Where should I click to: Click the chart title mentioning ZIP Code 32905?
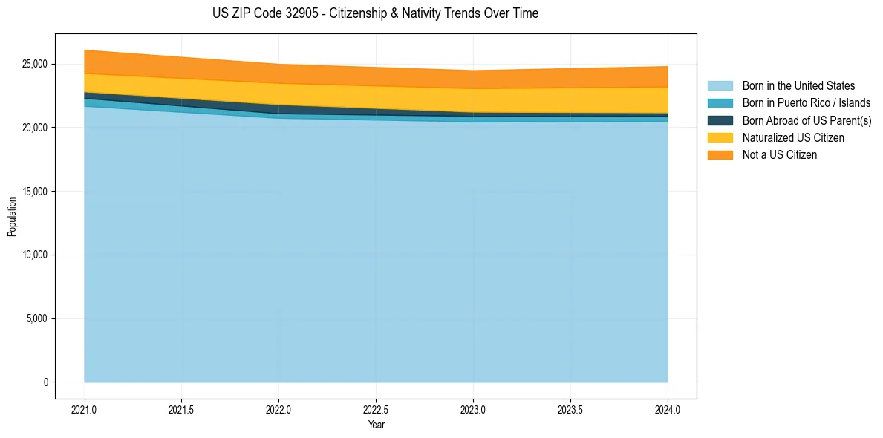[x=375, y=13]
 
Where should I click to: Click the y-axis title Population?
[x=12, y=217]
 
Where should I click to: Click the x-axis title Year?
[x=376, y=425]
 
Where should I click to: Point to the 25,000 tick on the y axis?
[x=32, y=64]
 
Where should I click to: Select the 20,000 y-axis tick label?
[x=32, y=128]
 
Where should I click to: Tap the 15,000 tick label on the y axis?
[x=32, y=192]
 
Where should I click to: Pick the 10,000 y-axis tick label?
[x=32, y=255]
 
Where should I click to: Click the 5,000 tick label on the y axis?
[x=34, y=318]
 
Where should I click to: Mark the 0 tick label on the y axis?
[x=45, y=382]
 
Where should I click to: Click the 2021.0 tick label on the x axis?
[x=85, y=408]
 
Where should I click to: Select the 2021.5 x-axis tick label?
[x=182, y=408]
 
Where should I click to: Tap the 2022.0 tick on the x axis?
[x=279, y=408]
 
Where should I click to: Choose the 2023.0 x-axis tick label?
[x=473, y=408]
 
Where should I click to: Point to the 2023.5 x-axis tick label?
[x=570, y=408]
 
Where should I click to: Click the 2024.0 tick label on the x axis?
[x=668, y=408]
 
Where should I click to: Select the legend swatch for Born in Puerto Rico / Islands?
[x=720, y=103]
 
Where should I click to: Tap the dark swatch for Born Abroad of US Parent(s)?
[x=720, y=120]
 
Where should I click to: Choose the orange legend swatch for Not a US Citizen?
[x=720, y=155]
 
